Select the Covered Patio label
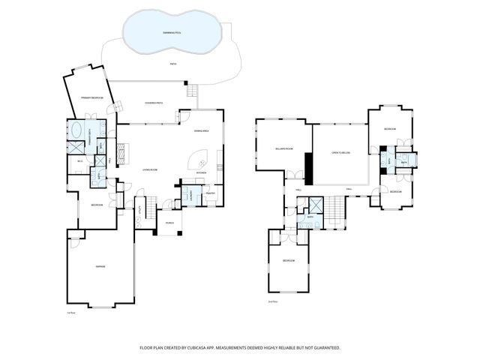(154, 103)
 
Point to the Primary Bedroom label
(91, 98)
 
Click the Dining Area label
(201, 131)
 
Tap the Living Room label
(150, 170)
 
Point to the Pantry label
(210, 193)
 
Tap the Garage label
(99, 266)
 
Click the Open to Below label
(341, 152)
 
